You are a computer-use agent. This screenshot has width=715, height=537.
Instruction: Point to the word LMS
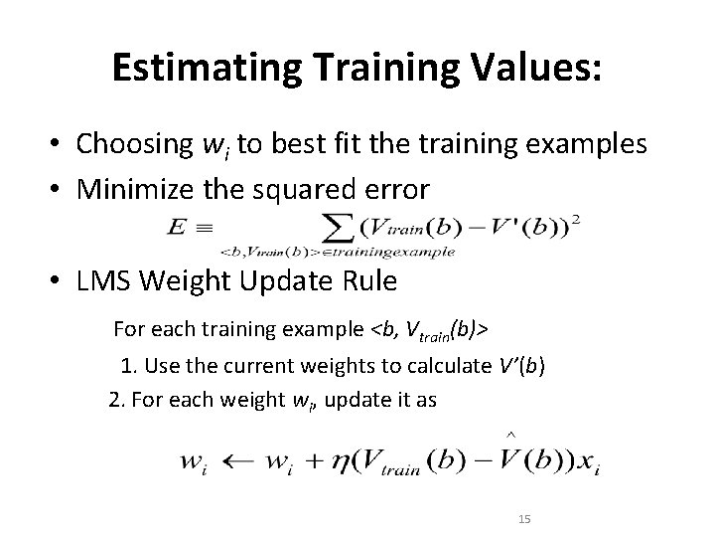coord(101,281)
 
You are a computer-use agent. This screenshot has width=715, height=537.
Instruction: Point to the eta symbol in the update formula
coord(343,462)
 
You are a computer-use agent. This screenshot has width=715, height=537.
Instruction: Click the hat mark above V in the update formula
coord(510,435)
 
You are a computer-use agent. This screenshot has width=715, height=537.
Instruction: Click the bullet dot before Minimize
coord(61,189)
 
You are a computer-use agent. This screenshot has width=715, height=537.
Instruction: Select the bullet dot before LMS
coord(61,282)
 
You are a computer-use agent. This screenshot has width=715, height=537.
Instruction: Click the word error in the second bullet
coord(401,188)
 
